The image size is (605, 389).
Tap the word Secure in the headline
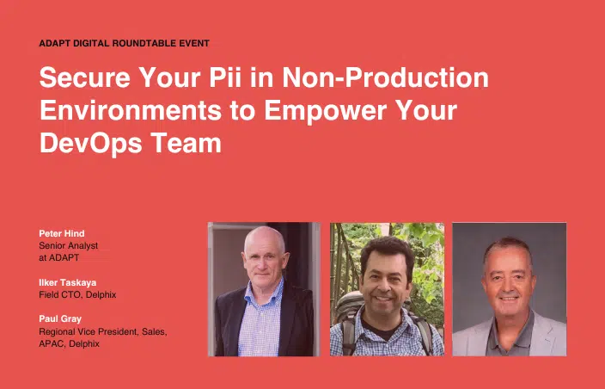[x=85, y=77]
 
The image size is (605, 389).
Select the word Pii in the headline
[x=225, y=77]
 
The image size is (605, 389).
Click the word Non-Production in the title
[x=386, y=77]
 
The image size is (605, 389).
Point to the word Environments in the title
[x=131, y=110]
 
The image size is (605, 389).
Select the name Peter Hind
[x=62, y=233]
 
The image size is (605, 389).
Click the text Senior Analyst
[x=68, y=245]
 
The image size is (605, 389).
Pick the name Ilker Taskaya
[x=68, y=282]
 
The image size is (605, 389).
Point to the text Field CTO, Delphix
[x=77, y=294]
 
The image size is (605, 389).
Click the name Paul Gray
[x=60, y=319]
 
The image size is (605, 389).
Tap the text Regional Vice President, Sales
[x=103, y=332]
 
